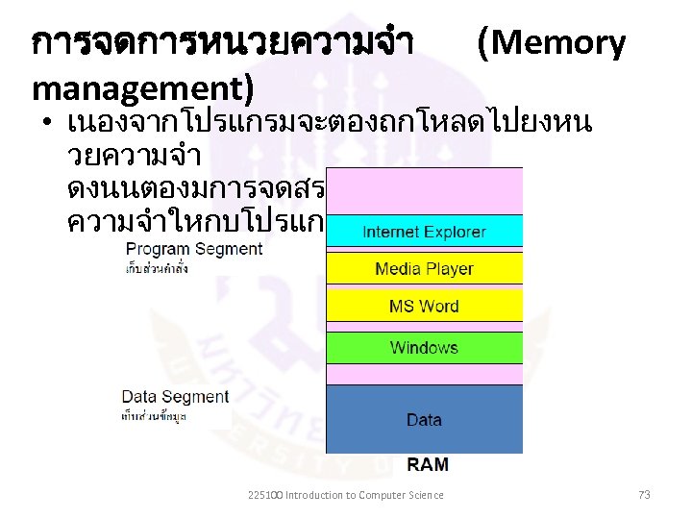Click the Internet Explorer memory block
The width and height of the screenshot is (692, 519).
tap(424, 232)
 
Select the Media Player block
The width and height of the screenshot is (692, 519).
tap(424, 268)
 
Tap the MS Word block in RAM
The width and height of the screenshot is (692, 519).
tap(424, 307)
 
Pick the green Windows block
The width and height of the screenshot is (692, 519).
tap(424, 348)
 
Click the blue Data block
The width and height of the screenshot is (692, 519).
tap(424, 419)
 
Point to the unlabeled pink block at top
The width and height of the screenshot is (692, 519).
tap(424, 191)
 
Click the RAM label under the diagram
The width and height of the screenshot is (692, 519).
tap(428, 465)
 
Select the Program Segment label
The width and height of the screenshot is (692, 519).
tap(194, 249)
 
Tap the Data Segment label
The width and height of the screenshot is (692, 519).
tap(175, 396)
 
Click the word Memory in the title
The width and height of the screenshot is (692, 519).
tap(552, 43)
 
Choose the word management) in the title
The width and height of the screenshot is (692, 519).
tap(142, 87)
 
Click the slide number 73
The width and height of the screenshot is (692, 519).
tap(644, 495)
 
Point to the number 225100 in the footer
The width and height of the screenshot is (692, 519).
tap(265, 495)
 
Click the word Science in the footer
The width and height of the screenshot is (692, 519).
tap(424, 495)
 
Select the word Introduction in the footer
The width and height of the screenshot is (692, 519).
tap(312, 495)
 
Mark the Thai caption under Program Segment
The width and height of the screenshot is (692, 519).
tap(157, 268)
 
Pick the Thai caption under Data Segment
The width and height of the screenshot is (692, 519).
tap(155, 415)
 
